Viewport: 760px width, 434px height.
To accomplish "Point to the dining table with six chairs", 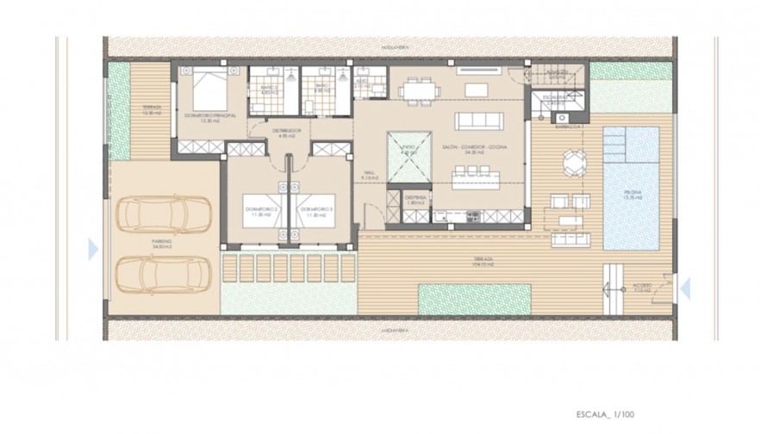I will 418,89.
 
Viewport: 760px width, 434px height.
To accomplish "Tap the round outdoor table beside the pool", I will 574,161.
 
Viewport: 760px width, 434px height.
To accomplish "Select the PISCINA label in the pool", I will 633,195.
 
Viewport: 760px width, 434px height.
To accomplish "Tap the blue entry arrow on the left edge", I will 93,249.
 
